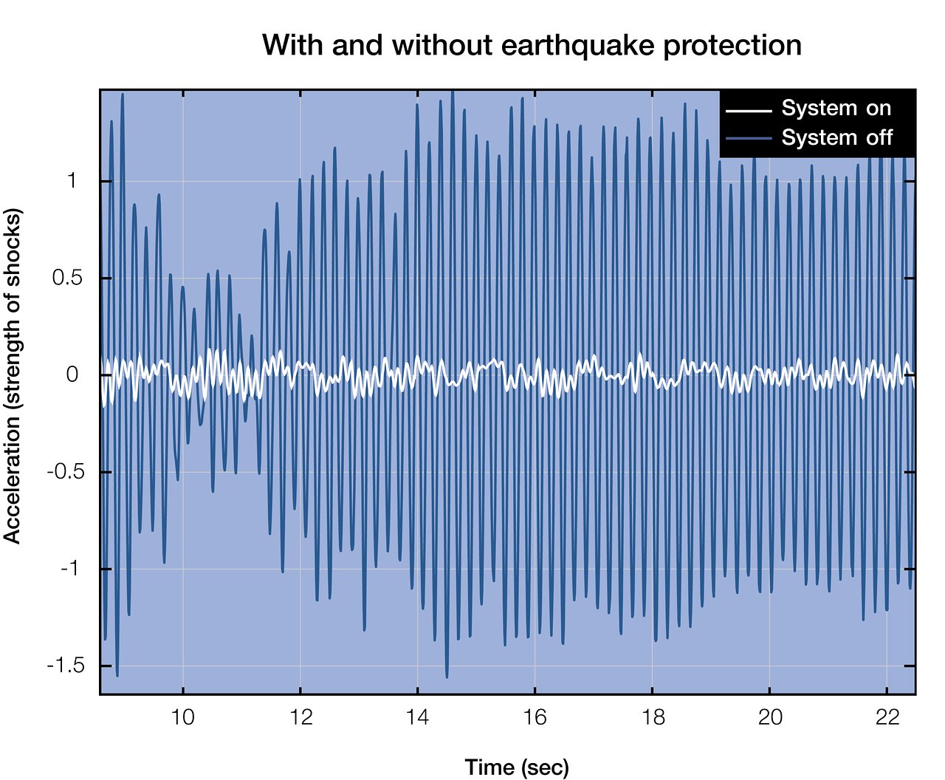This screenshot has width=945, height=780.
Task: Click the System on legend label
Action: (x=836, y=109)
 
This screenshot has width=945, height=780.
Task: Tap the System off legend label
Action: (x=836, y=138)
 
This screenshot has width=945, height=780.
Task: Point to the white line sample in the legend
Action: (x=748, y=111)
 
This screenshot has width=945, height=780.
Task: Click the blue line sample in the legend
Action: (x=748, y=139)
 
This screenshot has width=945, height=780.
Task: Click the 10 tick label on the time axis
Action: (x=183, y=718)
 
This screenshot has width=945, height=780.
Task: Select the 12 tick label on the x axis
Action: (x=300, y=718)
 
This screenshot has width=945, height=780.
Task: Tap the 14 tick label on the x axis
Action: (x=418, y=718)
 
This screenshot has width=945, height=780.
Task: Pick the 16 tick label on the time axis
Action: (x=535, y=718)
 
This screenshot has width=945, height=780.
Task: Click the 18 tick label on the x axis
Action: (x=653, y=718)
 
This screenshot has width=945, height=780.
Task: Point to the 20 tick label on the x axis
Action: (x=770, y=718)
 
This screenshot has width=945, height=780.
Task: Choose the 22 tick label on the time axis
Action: (x=887, y=718)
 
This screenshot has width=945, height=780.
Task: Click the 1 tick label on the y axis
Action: (x=72, y=181)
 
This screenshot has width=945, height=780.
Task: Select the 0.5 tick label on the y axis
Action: (x=65, y=278)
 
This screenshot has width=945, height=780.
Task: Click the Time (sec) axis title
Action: (x=517, y=767)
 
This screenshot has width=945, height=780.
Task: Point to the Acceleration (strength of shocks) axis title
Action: (x=13, y=376)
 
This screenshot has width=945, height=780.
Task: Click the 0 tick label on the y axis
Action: (x=72, y=375)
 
